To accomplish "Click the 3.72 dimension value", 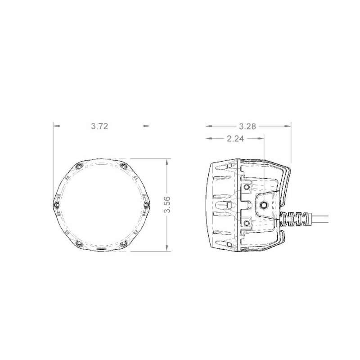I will point(99,126).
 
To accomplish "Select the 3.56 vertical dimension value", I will point(167,204).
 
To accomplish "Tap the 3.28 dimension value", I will point(247,126).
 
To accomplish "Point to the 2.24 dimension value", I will point(235,139).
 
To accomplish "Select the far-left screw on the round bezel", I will point(57,205).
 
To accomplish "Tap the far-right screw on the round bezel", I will point(145,205).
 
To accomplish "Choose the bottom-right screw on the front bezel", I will point(123,243).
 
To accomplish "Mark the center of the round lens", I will point(101,205).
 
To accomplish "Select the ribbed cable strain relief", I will point(294,219).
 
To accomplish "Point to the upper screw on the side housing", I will point(246,187).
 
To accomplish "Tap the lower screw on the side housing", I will point(246,224).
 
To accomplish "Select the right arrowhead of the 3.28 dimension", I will point(289,126).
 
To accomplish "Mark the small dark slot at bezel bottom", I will point(101,248).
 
